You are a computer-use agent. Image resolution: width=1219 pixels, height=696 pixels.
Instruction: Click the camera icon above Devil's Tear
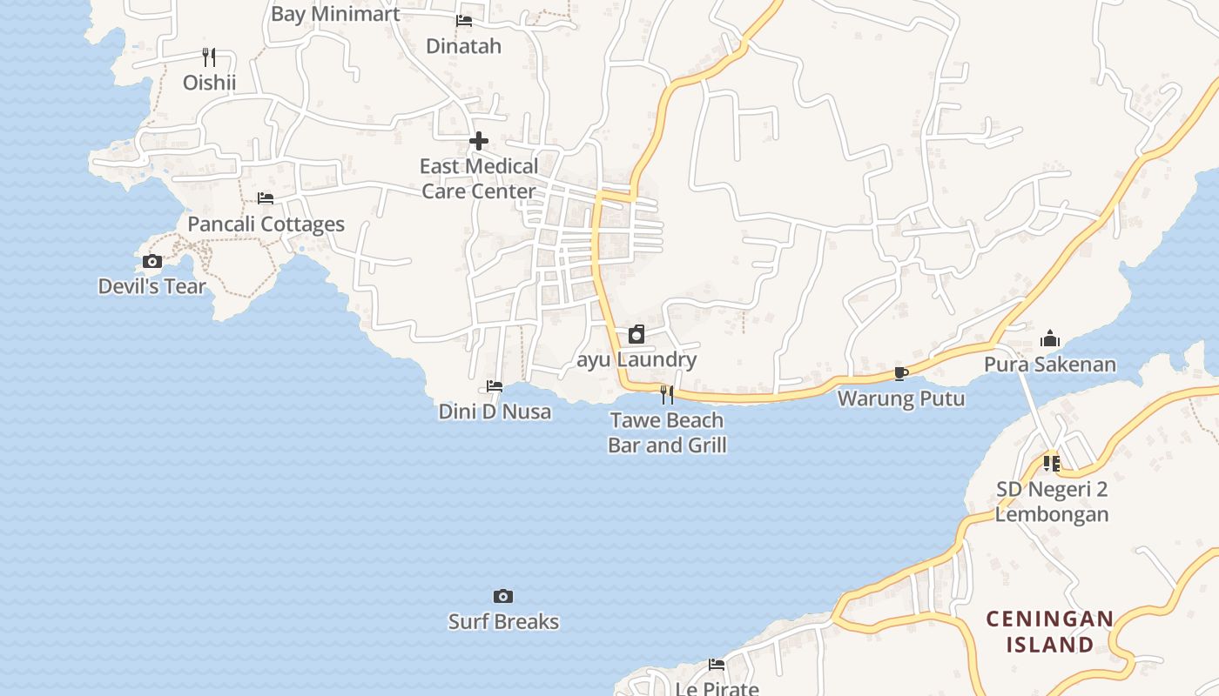pos(152,261)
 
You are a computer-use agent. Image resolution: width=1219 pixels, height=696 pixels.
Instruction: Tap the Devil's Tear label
pos(152,286)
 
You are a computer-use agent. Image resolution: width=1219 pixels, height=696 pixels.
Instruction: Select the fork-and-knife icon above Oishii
pos(209,57)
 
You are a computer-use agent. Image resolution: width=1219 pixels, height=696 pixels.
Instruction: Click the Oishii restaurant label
pos(209,83)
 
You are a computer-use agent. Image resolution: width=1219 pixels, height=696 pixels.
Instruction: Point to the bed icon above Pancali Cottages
pos(266,198)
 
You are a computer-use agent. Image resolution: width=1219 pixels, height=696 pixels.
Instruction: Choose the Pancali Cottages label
pos(266,224)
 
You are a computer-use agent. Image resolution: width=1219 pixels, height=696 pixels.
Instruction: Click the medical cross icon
pos(479,141)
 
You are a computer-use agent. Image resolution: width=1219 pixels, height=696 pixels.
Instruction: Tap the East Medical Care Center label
pos(479,178)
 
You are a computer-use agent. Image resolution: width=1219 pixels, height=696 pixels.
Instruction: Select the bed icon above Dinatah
pos(464,20)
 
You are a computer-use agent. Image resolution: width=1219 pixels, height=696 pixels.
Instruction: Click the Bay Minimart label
pos(335,14)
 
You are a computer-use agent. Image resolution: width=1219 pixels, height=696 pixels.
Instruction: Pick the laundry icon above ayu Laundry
pos(636,334)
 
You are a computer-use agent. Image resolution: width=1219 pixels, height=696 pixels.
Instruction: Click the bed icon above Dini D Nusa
pos(495,385)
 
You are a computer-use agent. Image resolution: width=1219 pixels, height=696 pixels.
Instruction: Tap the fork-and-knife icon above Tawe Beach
pos(667,395)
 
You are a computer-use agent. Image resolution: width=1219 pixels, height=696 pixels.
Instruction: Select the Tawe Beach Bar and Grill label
pos(667,432)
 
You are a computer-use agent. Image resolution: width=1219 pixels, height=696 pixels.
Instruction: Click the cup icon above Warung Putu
pos(901,374)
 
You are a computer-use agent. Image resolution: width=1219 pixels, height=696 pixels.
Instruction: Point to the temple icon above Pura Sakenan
pos(1050,338)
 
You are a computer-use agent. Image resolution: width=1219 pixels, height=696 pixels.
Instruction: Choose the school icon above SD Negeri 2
pos(1052,464)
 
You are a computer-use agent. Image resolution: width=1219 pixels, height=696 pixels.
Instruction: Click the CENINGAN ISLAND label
pos(1050,632)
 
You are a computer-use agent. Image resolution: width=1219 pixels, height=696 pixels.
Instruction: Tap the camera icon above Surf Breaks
pos(503,596)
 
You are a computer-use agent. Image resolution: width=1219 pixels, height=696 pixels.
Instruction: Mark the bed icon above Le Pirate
pos(717,665)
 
